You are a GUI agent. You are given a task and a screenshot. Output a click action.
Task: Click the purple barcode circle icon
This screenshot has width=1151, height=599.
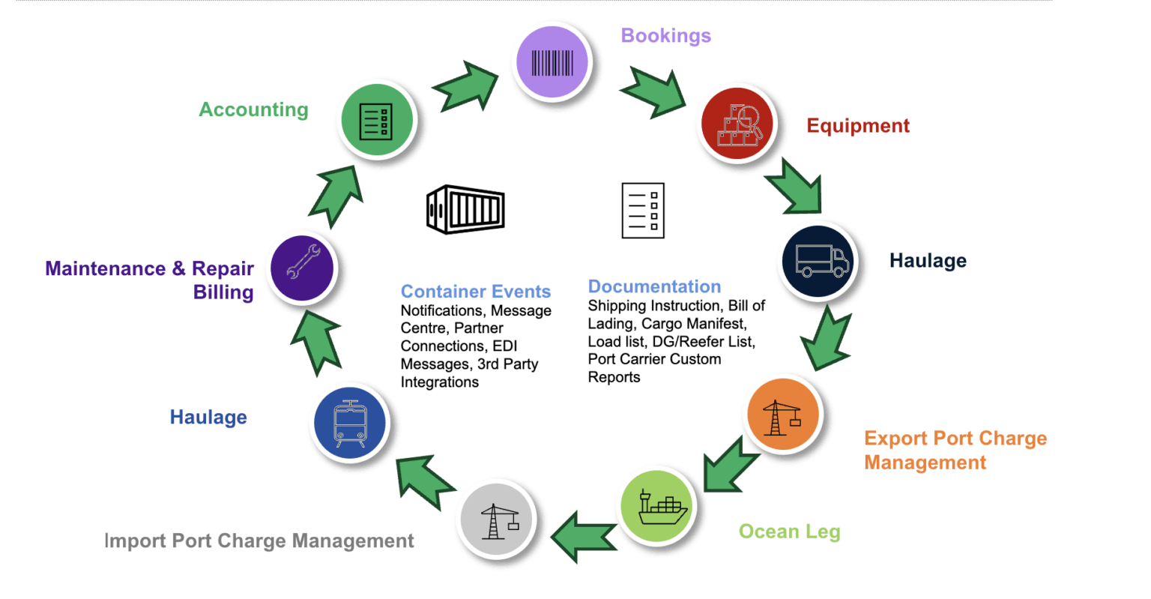pos(552,62)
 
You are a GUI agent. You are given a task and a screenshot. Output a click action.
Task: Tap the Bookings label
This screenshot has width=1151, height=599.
pos(665,36)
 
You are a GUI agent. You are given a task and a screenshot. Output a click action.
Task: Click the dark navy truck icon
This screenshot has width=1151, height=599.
pos(818,261)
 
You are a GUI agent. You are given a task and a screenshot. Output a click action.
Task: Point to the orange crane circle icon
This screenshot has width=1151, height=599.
pos(783,415)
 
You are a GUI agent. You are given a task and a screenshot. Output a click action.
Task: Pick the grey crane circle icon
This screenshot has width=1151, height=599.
pos(496,520)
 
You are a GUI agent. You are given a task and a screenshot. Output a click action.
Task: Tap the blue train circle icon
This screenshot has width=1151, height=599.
pos(350,423)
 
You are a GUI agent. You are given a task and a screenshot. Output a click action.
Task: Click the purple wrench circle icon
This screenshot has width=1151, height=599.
pos(303,268)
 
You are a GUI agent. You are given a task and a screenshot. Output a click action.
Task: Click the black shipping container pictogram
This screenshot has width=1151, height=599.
pos(465,209)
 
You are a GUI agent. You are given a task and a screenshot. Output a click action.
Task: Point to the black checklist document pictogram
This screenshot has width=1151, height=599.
pos(643,211)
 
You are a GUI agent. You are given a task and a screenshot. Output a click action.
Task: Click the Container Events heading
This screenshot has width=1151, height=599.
pos(475,292)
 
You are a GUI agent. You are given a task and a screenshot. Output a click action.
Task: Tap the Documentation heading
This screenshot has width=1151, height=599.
pos(654,286)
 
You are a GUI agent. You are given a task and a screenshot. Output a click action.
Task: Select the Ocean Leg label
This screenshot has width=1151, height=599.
pos(789,532)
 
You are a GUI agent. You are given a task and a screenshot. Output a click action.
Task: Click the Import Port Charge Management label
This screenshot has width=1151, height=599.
pos(259,541)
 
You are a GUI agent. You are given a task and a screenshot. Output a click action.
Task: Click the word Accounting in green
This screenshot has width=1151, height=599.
pos(253,109)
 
